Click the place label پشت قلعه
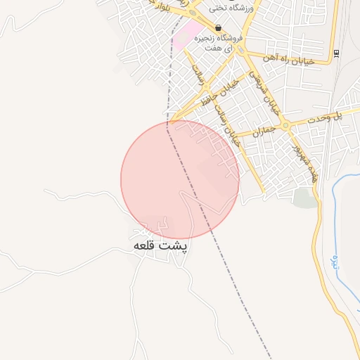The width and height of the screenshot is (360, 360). (x=161, y=247)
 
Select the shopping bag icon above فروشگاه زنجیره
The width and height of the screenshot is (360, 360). (x=218, y=28)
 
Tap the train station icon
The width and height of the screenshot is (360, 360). (x=337, y=53)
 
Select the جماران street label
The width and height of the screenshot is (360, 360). (x=257, y=132)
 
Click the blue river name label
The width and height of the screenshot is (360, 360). (x=335, y=264)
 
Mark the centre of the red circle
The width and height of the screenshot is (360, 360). (x=180, y=179)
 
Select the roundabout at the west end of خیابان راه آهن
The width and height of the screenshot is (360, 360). (x=242, y=51)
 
